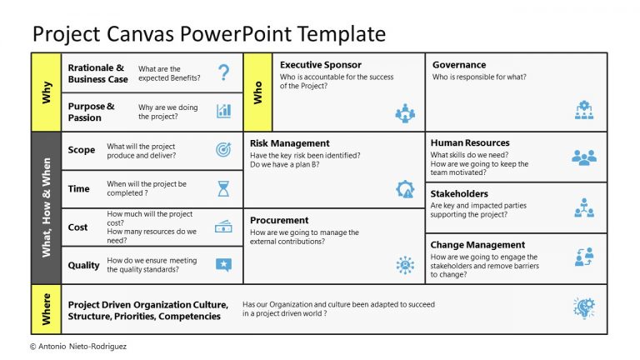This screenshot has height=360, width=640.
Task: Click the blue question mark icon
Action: [223, 72]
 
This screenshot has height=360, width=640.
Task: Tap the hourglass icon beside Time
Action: [223, 189]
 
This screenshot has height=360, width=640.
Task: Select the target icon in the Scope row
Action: [223, 150]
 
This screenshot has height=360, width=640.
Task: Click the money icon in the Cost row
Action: [223, 227]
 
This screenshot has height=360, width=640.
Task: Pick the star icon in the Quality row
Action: [223, 265]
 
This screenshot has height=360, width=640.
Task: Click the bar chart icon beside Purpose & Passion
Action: [223, 111]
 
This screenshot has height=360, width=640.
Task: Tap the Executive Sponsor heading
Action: [321, 65]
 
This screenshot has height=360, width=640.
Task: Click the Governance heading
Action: [459, 65]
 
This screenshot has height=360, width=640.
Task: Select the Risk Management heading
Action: [290, 143]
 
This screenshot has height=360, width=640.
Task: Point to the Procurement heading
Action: [279, 221]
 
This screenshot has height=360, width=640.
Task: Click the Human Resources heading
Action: [470, 143]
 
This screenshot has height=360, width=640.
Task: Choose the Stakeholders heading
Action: [459, 194]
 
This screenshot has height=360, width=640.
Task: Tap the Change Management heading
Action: [477, 245]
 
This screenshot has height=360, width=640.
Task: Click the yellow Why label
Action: [46, 92]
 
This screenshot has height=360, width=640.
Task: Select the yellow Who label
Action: [258, 92]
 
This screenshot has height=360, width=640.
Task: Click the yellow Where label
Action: [46, 309]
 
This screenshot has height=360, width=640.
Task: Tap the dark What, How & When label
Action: [46, 207]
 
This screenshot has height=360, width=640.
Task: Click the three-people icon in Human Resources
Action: [584, 157]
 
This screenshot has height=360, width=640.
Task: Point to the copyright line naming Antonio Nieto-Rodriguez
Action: [80, 346]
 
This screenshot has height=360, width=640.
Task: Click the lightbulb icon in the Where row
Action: [584, 308]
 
